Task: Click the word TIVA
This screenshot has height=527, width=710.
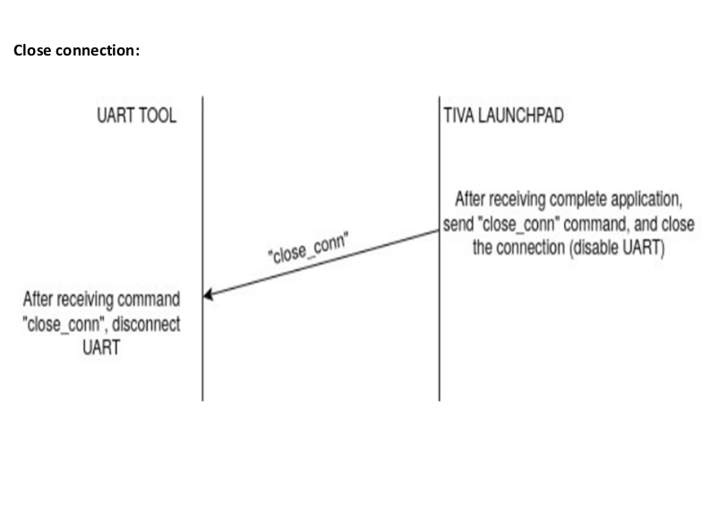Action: click(x=459, y=116)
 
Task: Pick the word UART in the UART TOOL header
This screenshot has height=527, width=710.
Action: click(x=115, y=116)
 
